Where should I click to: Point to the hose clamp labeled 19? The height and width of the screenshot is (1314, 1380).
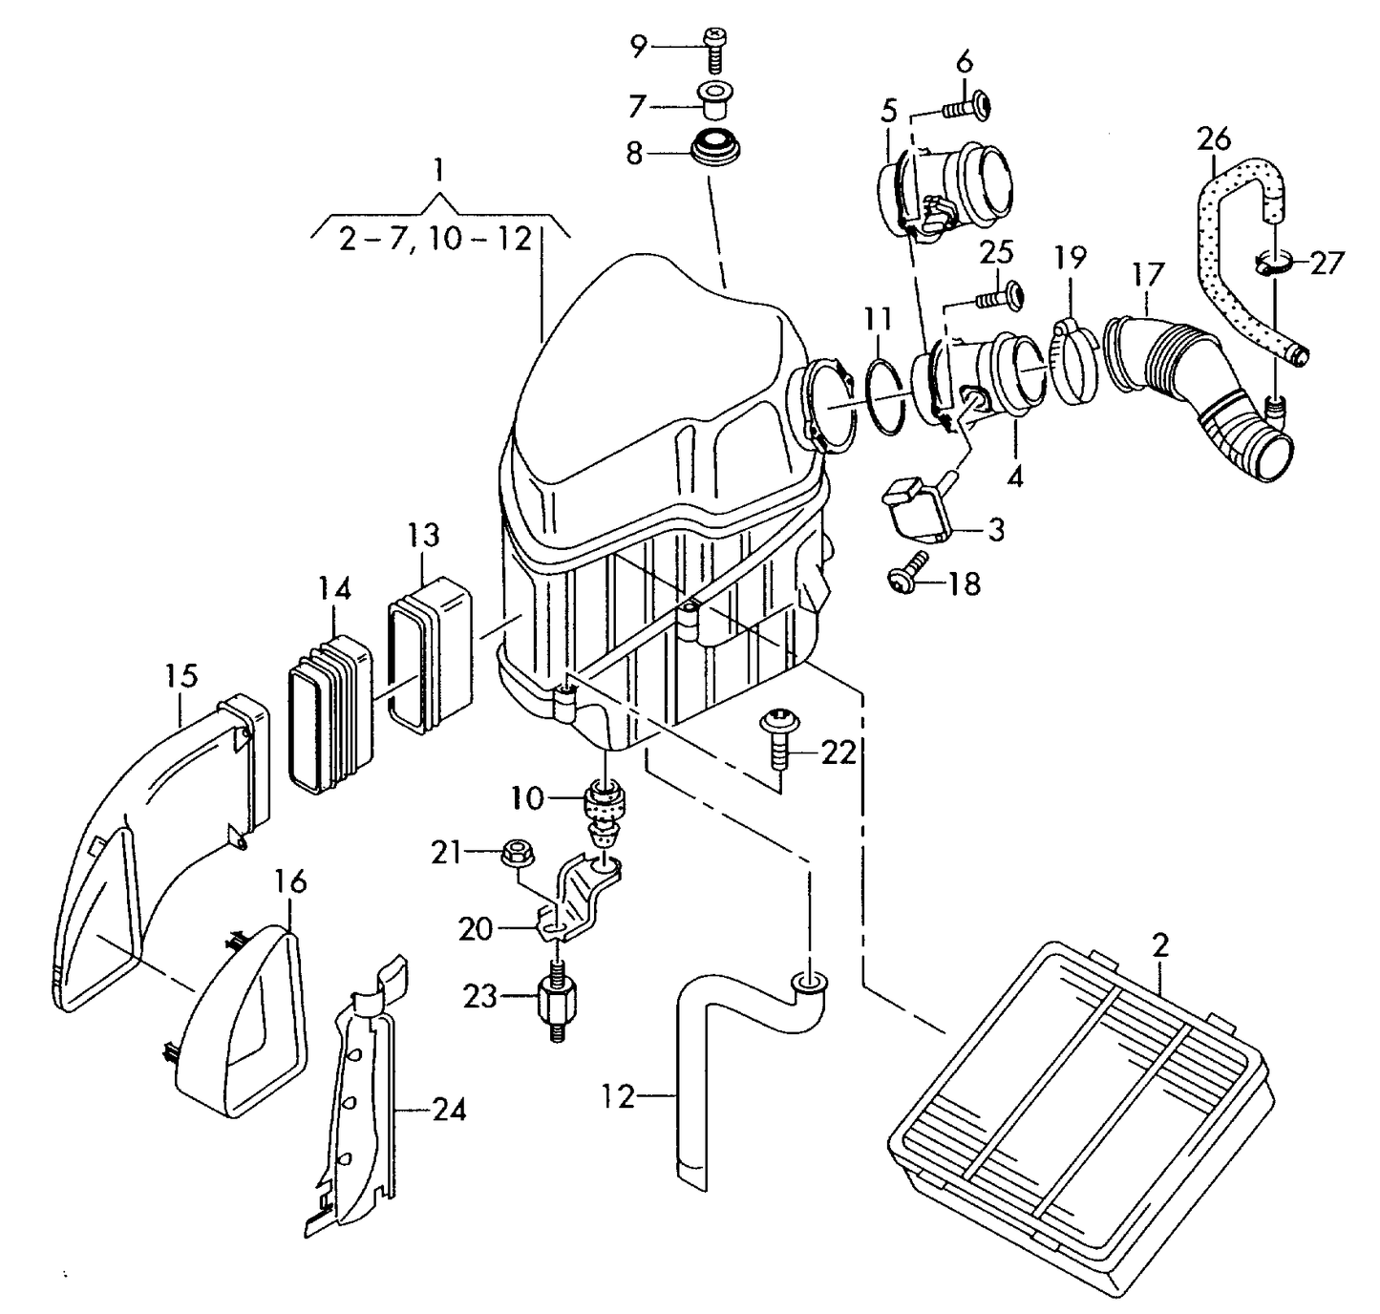[1076, 360]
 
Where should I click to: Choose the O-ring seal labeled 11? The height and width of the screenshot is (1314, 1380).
[886, 395]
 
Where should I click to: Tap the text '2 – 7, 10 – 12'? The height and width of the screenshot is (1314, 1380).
[435, 238]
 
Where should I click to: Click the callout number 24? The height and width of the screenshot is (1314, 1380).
[449, 1110]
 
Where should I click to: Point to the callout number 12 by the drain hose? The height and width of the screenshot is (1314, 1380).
[619, 1097]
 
